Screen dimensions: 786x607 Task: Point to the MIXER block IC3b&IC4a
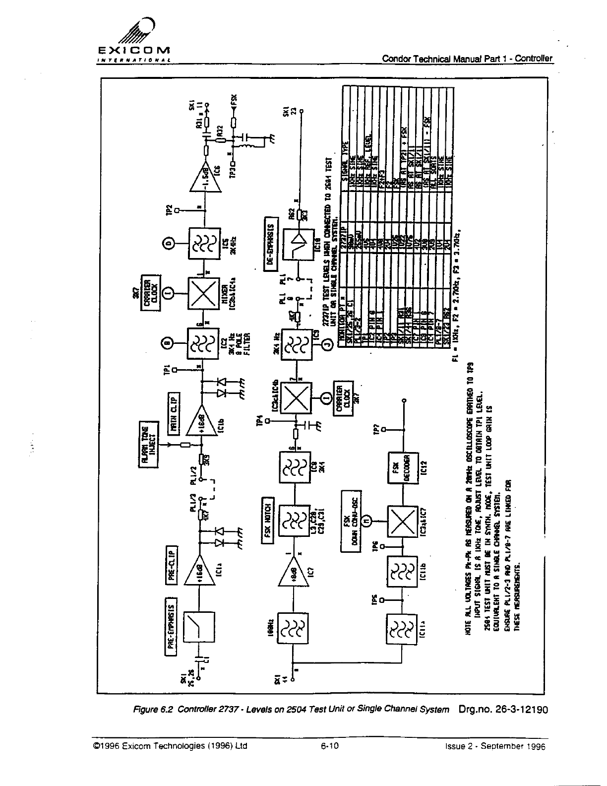click(203, 293)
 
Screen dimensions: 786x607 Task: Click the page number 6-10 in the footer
click(326, 745)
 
